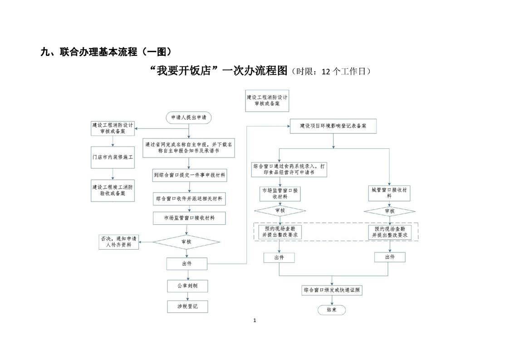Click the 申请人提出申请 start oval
[x=188, y=117]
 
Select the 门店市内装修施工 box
[x=113, y=157]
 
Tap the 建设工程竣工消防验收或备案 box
[x=113, y=190]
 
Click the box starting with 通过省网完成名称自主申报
[x=189, y=148]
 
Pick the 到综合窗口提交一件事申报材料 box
[x=189, y=175]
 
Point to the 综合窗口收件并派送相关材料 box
[x=189, y=199]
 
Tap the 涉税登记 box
[x=187, y=307]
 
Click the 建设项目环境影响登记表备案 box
[x=333, y=126]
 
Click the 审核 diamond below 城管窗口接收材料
[x=389, y=211]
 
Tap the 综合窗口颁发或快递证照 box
[x=333, y=290]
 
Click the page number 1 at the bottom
[x=254, y=321]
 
